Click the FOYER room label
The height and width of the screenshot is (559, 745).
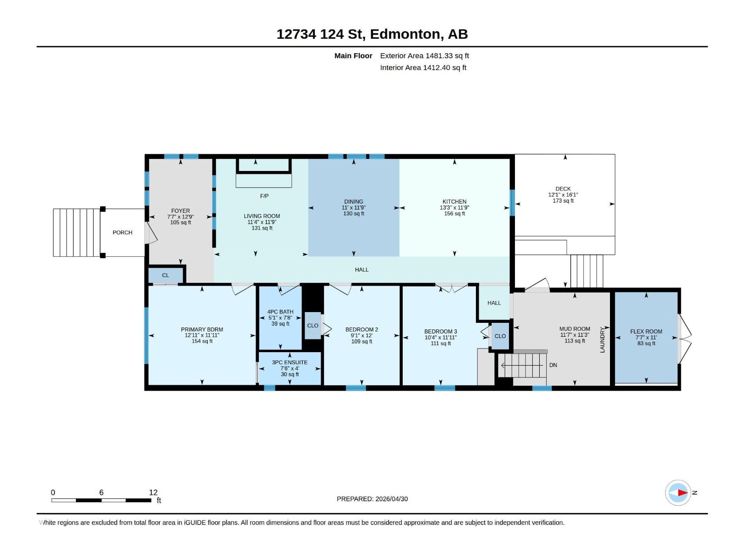pos(180,211)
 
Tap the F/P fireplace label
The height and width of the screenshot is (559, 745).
pos(264,196)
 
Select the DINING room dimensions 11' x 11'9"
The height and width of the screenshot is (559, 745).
pos(353,208)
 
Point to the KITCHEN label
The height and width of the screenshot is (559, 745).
pos(454,202)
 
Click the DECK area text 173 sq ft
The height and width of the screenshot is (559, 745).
pos(563,201)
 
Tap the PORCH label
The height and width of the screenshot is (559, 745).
pos(122,232)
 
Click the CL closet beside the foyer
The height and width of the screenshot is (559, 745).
pos(165,275)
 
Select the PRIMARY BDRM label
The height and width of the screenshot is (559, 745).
pos(202,329)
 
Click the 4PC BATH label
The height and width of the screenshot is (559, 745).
pos(280,312)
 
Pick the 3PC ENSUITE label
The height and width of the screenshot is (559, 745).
pos(290,362)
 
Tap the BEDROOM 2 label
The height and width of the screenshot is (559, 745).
pos(361,329)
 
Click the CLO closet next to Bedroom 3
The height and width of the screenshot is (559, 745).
pos(500,336)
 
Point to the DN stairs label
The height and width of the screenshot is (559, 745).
pos(553,365)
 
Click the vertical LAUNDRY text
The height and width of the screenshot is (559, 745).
pos(602,340)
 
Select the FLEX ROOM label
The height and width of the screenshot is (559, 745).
pos(646,332)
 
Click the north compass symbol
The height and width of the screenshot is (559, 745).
pos(678,492)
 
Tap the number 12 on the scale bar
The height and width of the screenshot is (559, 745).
pos(153,492)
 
